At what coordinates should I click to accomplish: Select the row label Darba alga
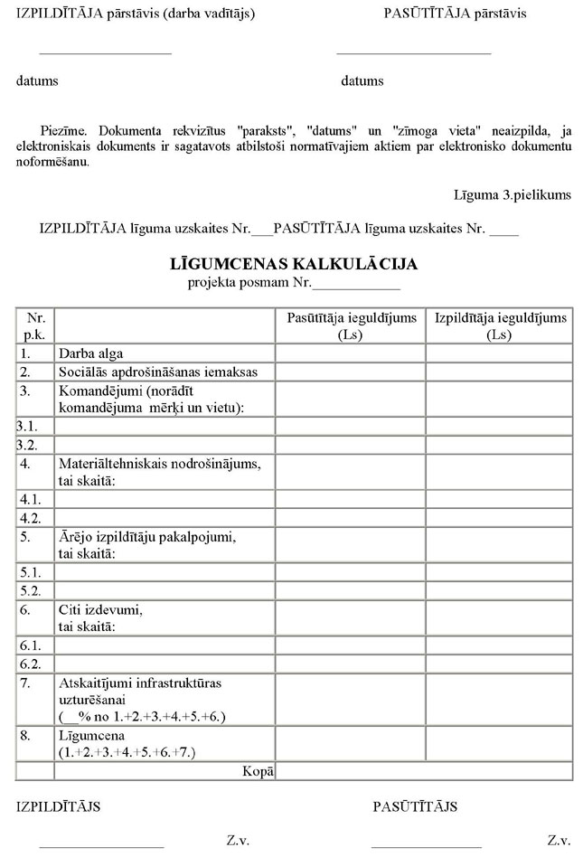pos(90,353)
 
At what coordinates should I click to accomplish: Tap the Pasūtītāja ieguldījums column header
pos(351,325)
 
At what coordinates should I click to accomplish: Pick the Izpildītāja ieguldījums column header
pos(500,325)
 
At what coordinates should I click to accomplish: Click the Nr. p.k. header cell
pos(36,325)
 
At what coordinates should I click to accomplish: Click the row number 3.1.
pos(26,426)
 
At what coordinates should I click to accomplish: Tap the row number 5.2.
pos(26,590)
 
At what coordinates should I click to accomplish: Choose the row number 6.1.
pos(26,645)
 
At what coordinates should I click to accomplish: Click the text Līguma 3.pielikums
pos(512,194)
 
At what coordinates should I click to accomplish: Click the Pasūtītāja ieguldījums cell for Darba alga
pos(351,353)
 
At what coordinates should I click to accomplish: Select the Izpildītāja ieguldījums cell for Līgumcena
pos(500,743)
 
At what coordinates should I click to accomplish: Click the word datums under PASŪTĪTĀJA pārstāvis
pos(362,81)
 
